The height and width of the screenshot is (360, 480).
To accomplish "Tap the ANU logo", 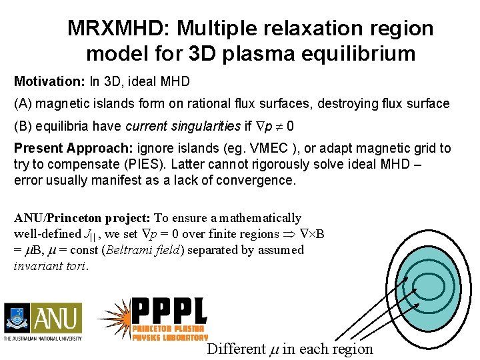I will pos(43,321).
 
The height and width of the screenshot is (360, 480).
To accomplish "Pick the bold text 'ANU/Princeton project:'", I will pos(83,218).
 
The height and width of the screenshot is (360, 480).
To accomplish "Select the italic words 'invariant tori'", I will pos(50,266).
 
